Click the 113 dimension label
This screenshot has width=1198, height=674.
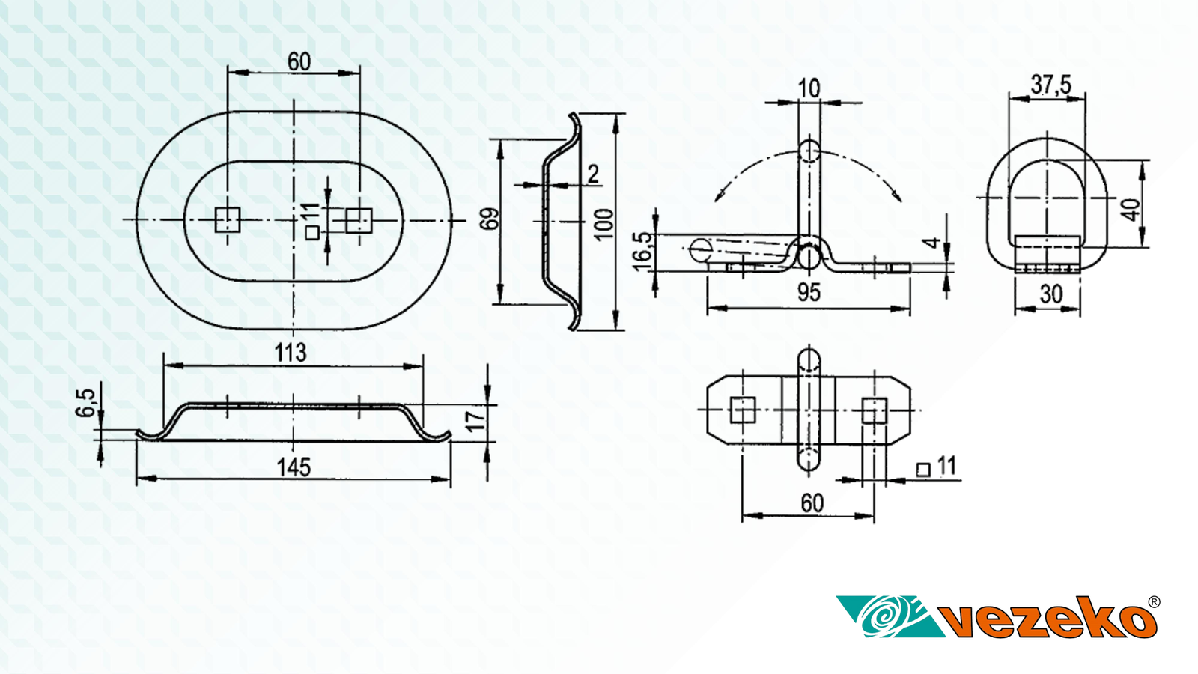pyautogui.click(x=291, y=353)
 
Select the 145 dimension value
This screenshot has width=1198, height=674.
pyautogui.click(x=294, y=467)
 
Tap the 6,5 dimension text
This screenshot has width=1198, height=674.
pyautogui.click(x=85, y=403)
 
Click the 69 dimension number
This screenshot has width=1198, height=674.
pyautogui.click(x=490, y=219)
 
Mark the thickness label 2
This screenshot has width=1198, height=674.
pyautogui.click(x=593, y=174)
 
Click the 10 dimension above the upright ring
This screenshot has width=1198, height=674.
pyautogui.click(x=809, y=88)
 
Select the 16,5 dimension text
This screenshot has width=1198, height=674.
pyautogui.click(x=642, y=252)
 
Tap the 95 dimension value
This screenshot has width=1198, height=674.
pyautogui.click(x=809, y=293)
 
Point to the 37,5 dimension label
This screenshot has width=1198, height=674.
pyautogui.click(x=1051, y=85)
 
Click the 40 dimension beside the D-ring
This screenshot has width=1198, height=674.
pyautogui.click(x=1131, y=210)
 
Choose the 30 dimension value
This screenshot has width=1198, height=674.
pyautogui.click(x=1051, y=294)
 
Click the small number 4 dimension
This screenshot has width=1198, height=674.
pyautogui.click(x=932, y=243)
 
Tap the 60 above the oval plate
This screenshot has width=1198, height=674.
pyautogui.click(x=299, y=62)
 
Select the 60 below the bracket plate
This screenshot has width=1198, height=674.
pyautogui.click(x=812, y=503)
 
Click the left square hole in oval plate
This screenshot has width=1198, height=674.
pyautogui.click(x=228, y=220)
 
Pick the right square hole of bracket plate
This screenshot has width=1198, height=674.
pyautogui.click(x=875, y=410)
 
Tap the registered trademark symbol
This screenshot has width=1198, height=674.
pyautogui.click(x=1154, y=602)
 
